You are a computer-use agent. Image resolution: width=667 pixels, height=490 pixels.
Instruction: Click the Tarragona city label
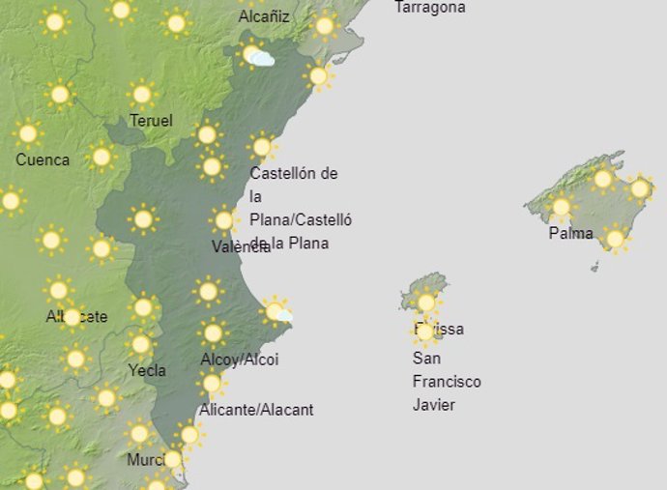coord(430,8)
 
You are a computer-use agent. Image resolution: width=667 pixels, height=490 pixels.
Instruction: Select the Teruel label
coord(152,121)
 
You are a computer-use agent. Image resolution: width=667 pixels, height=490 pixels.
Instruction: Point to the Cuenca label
coord(43,159)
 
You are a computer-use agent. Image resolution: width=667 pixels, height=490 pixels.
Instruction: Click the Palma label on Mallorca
coord(570,233)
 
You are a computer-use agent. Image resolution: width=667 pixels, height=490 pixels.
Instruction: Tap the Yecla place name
coord(147,370)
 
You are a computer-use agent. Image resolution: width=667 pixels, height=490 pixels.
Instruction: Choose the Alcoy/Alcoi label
coord(239,360)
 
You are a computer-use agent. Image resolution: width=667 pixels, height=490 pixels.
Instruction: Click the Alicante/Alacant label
coord(256,410)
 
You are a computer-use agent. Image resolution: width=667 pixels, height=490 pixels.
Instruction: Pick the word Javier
coord(434,404)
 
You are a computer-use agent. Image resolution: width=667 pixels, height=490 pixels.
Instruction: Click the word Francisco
coord(447,381)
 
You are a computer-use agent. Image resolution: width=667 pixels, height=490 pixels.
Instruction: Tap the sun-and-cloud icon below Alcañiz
coord(256,56)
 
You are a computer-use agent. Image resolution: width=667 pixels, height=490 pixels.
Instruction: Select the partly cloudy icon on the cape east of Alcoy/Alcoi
coord(277,311)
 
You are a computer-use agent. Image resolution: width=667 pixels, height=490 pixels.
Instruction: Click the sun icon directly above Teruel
coord(142,94)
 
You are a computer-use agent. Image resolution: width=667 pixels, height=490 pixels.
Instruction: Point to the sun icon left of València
coord(143,219)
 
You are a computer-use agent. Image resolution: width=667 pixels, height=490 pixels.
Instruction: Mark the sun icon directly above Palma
coord(561,206)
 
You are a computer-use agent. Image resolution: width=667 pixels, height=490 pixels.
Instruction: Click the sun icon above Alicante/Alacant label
coord(211,384)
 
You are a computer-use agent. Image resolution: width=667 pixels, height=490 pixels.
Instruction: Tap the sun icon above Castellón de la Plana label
coord(261,147)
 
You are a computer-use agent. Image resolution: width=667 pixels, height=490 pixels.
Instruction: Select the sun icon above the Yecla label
coord(141,344)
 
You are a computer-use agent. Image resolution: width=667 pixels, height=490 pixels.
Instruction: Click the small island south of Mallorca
coord(594,266)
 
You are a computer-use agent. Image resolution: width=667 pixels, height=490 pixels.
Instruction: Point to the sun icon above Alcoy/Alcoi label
coord(213,333)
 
